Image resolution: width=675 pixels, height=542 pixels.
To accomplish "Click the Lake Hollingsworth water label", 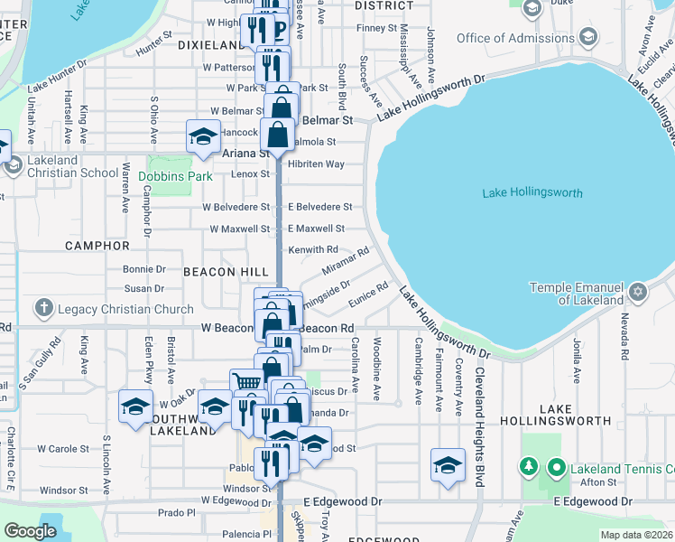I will click(x=532, y=193).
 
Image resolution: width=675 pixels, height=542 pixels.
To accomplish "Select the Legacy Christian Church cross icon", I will click(x=43, y=309).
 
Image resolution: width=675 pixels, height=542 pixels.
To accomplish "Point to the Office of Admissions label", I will click(x=516, y=38).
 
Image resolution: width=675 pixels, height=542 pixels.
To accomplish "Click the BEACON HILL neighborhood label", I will click(x=226, y=271).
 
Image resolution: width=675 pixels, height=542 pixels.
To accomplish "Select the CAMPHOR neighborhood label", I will click(x=97, y=245).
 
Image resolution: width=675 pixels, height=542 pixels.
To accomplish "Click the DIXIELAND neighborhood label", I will click(x=211, y=44).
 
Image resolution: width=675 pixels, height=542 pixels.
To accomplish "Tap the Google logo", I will click(x=30, y=531).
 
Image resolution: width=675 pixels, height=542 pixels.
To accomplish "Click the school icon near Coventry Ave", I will click(x=447, y=464).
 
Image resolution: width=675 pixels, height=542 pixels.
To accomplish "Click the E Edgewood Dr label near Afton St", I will click(x=595, y=500).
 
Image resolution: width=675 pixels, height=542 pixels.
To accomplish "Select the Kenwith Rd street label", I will click(x=313, y=249).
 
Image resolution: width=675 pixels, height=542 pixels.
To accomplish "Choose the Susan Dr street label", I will click(x=144, y=288).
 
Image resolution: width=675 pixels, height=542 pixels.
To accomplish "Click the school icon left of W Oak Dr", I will click(x=135, y=406).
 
